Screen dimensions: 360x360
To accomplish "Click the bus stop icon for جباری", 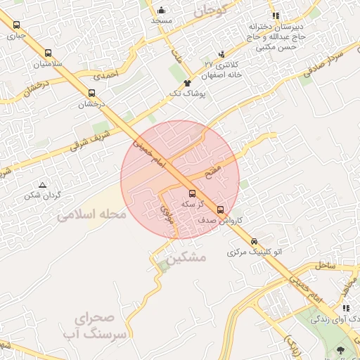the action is pos(16,25).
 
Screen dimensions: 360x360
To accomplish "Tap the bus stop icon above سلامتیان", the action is pos(48,53).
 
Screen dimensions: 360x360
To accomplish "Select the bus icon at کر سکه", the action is pos(192,193).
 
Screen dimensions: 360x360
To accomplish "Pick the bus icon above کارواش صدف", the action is pos(220,210).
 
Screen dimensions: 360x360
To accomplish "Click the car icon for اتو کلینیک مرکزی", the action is pos(254,241).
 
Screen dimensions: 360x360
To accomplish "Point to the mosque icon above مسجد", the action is pos(162,10).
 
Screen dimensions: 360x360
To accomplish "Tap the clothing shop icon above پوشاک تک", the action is pos(187,83).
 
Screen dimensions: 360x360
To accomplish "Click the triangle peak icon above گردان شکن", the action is pos(42,185).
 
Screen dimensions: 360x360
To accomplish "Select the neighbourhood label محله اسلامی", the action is pos(91,214).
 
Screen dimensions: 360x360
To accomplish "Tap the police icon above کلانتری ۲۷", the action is pos(222,54).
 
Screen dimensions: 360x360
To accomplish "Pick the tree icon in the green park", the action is pos(341,349).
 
